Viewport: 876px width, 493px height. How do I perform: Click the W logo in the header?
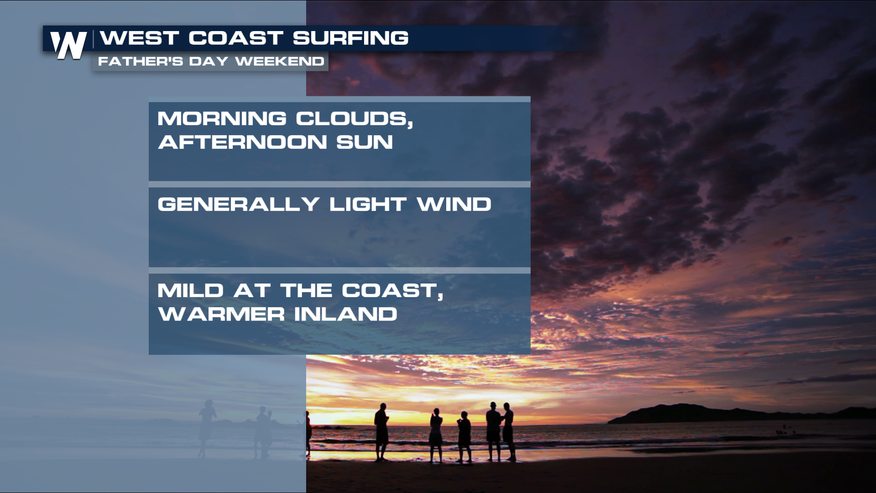68,45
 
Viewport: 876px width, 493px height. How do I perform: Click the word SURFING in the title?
350,38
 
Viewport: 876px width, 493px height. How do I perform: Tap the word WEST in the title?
139,38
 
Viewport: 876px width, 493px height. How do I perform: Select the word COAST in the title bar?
236,38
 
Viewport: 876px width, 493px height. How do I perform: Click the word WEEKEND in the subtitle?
280,61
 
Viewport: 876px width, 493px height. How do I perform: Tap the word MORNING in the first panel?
222,119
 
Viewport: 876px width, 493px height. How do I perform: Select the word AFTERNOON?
242,142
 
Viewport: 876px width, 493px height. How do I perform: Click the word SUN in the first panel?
365,142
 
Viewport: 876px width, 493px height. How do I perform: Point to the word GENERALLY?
238,204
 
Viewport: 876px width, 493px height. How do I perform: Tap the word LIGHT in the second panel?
368,204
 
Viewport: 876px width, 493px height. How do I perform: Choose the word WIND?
454,204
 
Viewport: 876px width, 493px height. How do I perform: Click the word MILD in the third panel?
190,290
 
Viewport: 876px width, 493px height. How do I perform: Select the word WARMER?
221,314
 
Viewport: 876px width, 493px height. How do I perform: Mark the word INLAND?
346,314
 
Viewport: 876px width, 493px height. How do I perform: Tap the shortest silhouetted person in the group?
464,436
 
